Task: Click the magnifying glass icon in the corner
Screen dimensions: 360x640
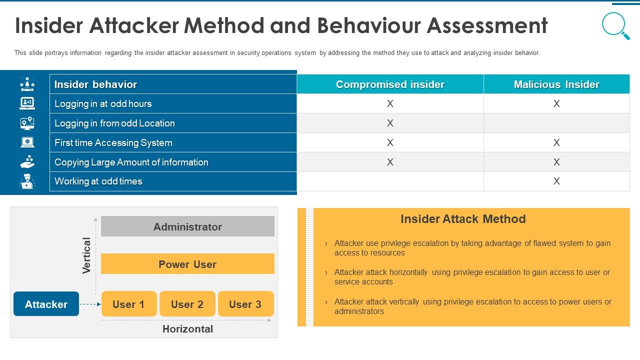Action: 615,25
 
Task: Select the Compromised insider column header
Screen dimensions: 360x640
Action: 390,84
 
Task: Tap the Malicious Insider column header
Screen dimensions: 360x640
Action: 556,84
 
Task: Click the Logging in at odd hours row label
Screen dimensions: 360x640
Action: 103,104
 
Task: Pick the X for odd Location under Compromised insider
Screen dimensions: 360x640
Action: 390,123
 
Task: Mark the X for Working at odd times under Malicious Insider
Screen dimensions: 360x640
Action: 556,181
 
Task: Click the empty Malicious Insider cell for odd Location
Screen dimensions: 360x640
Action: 556,123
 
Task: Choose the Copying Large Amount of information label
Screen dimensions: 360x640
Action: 131,162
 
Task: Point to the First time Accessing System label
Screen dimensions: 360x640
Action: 113,143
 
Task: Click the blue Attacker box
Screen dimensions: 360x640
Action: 46,304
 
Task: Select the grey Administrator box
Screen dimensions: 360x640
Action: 187,226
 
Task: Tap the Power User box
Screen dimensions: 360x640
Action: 187,264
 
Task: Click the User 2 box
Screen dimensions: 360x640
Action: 187,304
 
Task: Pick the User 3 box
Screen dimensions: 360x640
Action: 245,304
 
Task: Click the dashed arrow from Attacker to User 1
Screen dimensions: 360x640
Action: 90,304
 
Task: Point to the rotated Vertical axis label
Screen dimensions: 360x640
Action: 86,255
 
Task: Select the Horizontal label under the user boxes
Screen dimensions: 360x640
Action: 187,329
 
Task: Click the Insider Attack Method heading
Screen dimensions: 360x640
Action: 463,219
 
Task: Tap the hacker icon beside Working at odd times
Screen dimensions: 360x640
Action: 27,181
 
